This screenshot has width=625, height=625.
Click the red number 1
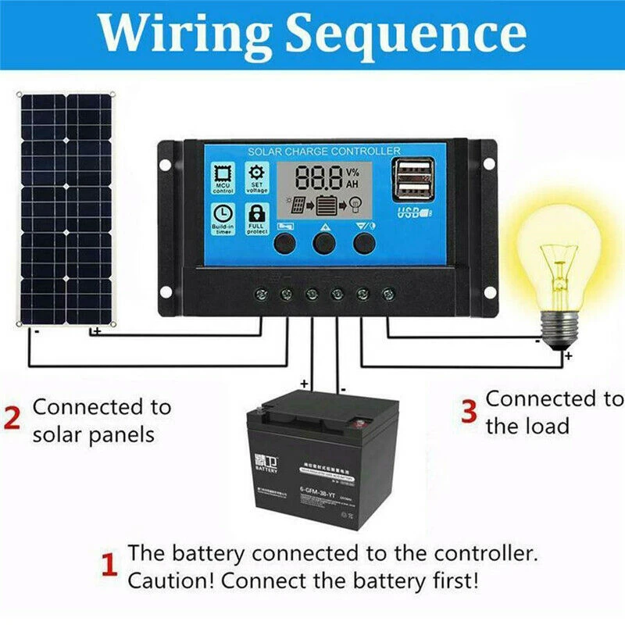(x=110, y=565)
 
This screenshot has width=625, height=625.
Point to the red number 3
(x=468, y=411)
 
